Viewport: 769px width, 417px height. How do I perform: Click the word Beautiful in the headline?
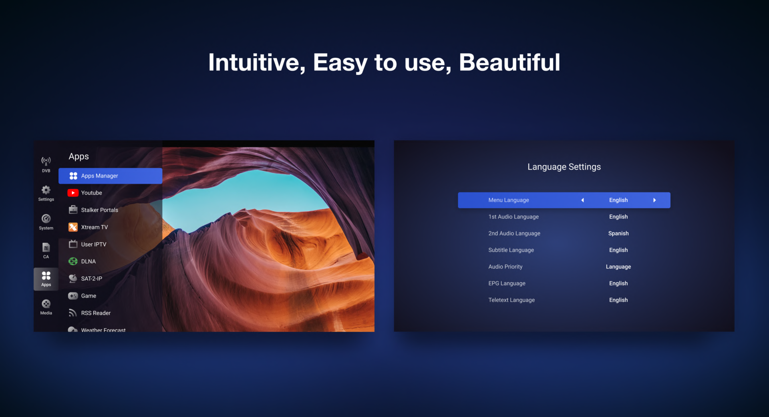coord(509,62)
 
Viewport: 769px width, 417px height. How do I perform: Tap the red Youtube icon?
coord(73,193)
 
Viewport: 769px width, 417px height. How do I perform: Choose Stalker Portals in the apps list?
coord(99,210)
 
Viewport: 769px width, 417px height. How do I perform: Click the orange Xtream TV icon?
coord(73,227)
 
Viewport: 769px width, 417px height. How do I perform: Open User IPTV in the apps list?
coord(94,245)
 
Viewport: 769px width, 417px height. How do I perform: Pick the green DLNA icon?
coord(73,261)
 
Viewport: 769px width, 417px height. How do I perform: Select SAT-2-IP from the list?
coord(91,279)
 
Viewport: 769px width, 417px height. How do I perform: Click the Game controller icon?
coord(73,296)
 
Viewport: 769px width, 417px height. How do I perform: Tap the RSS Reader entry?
coord(96,313)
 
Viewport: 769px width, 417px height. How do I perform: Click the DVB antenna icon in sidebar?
coord(46,161)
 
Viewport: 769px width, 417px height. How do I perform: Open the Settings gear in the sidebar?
coord(46,190)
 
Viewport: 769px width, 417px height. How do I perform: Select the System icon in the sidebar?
coord(46,219)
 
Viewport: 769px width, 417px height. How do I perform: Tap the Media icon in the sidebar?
coord(46,304)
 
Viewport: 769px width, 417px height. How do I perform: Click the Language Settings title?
coord(564,167)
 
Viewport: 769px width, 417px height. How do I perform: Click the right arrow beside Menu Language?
coord(654,200)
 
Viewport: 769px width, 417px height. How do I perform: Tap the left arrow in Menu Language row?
coord(583,200)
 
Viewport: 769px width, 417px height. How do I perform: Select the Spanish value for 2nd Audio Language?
coord(618,233)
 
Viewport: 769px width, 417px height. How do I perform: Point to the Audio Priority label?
coord(505,267)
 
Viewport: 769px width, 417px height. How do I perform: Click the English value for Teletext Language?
coord(618,300)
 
